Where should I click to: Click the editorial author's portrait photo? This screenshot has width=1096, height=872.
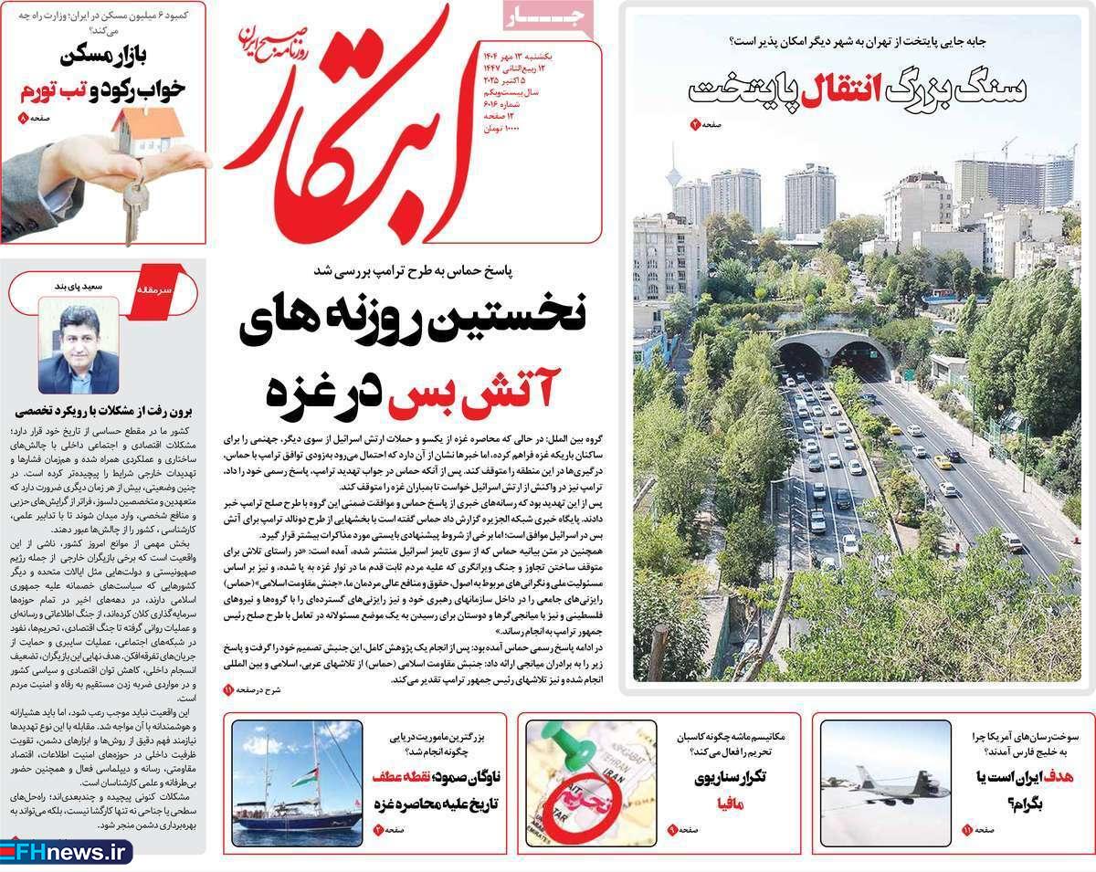[x=79, y=349]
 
